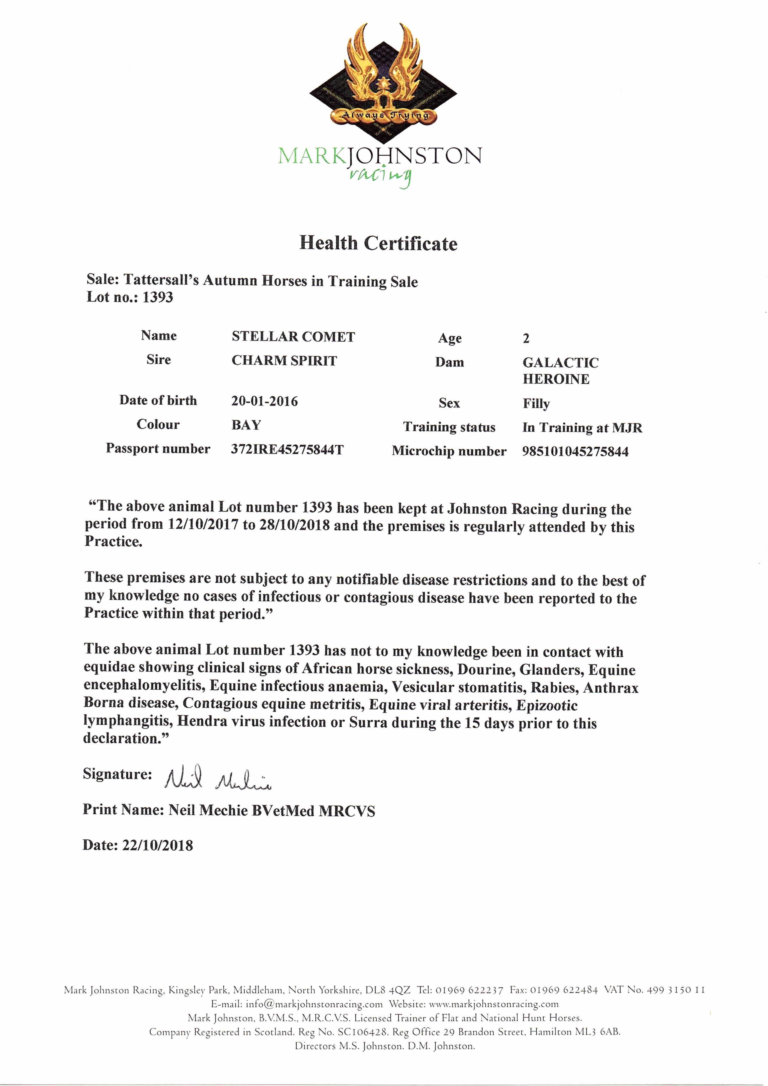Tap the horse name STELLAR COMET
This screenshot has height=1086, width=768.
(x=293, y=337)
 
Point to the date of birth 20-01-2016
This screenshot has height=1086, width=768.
(x=265, y=401)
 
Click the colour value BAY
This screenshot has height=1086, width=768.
(x=246, y=425)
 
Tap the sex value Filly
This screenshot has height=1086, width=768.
(x=536, y=404)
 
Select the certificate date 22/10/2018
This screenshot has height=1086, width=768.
(x=158, y=845)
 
